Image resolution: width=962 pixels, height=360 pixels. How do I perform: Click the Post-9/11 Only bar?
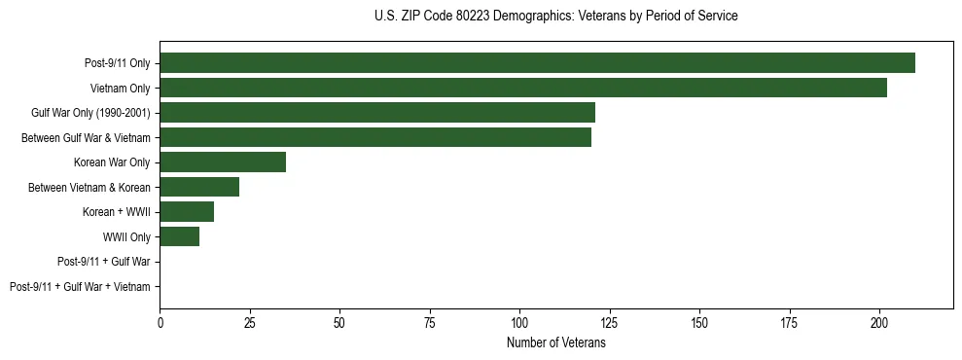pos(537,63)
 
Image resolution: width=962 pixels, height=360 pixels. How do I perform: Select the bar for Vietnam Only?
pos(523,88)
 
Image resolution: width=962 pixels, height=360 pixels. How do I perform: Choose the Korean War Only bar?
pos(223,162)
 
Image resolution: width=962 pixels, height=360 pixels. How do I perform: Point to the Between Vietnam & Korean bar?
pos(199,187)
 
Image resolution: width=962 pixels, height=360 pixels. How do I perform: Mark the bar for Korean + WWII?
pos(187,212)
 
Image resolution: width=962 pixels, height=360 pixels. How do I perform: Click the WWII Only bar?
pos(180,236)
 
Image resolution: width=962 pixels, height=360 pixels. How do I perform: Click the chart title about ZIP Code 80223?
pos(555,17)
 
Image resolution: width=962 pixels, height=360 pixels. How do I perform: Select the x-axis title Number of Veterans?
pos(555,343)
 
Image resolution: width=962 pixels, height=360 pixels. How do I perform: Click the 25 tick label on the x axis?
pos(250,321)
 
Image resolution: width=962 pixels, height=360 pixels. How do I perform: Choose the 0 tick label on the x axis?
pos(160,321)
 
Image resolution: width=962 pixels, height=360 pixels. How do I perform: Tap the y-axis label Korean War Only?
pos(112,162)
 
